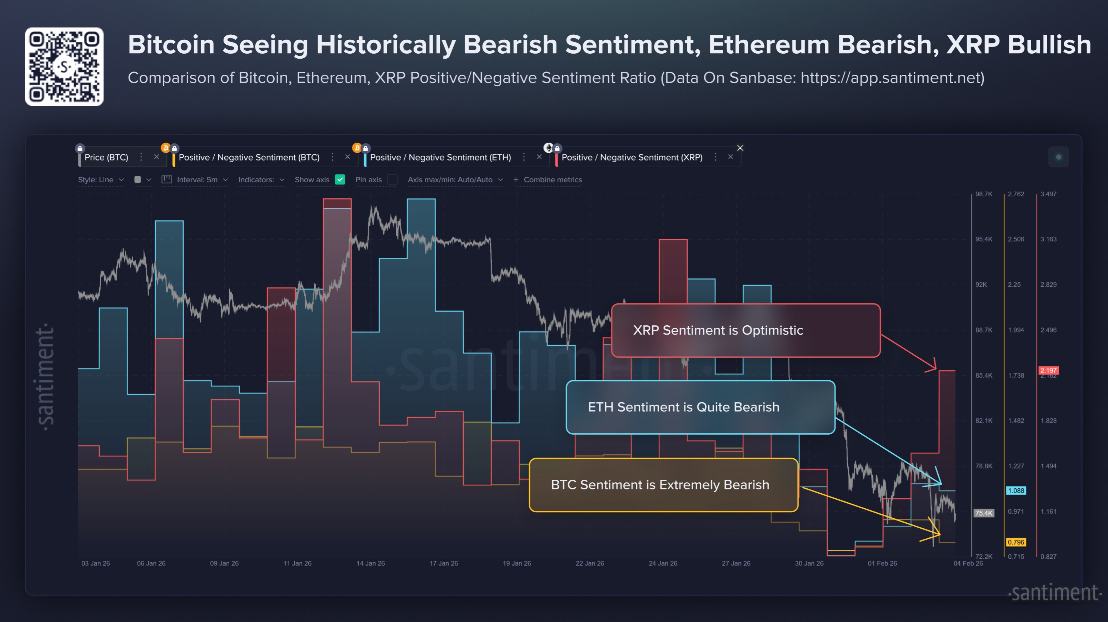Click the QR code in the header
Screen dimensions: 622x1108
click(x=64, y=67)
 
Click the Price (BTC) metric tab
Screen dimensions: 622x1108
click(x=106, y=158)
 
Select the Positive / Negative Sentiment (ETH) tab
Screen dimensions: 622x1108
click(x=440, y=158)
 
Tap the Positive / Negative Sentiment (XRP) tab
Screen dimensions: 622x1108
click(x=632, y=158)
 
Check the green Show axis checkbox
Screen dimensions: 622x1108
click(x=340, y=179)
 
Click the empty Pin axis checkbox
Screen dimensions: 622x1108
click(x=392, y=179)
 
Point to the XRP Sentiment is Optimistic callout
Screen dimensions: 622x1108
click(x=745, y=330)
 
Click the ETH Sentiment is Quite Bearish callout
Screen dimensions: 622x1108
click(x=700, y=407)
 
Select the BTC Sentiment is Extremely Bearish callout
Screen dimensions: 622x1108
click(x=663, y=485)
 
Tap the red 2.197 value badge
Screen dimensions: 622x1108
click(x=1048, y=370)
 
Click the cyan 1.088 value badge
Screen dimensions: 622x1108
click(x=1015, y=490)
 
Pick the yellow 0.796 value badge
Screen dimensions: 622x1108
click(x=1015, y=542)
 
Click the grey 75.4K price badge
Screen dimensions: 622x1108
click(x=984, y=513)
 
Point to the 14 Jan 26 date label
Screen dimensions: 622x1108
click(x=370, y=563)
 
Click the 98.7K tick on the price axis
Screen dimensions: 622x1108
click(x=984, y=194)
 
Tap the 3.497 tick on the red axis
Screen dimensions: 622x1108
click(x=1048, y=194)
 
